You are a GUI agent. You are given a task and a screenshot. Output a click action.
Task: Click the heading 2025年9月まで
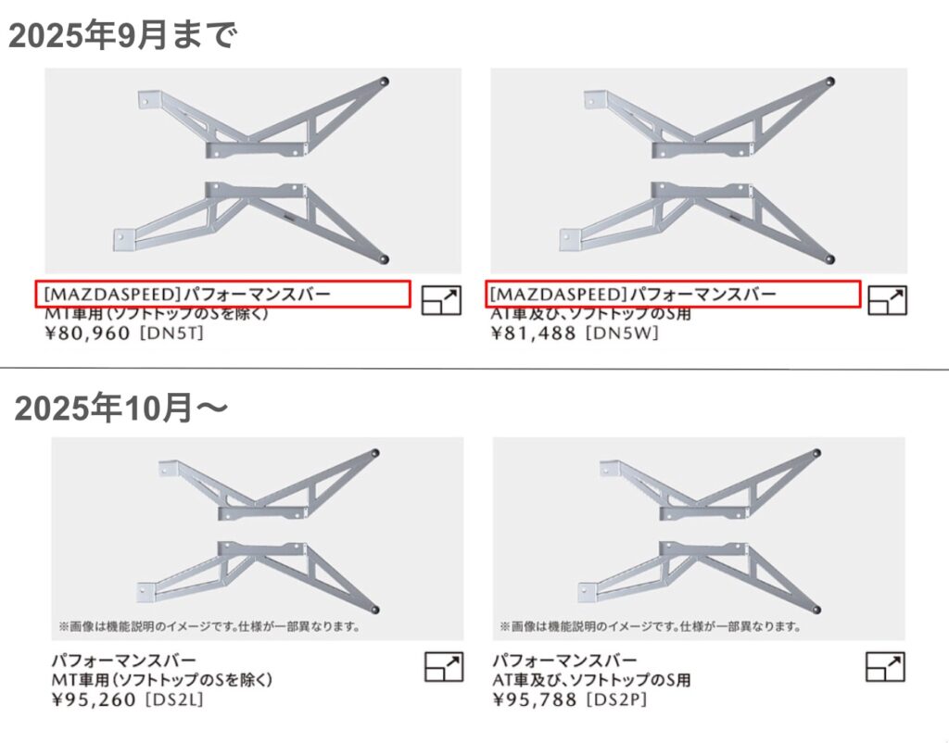(x=123, y=35)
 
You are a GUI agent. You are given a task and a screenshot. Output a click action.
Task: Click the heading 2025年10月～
(x=121, y=408)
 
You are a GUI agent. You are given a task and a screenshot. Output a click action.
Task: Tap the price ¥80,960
(x=88, y=334)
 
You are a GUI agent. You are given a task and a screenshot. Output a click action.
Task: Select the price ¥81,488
(x=533, y=334)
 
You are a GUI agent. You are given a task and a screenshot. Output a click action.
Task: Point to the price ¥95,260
(x=95, y=699)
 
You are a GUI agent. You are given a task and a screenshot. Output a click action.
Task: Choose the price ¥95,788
(x=535, y=699)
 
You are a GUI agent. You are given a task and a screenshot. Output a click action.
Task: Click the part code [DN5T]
(x=171, y=334)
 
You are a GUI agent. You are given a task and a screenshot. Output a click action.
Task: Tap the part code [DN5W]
(x=622, y=334)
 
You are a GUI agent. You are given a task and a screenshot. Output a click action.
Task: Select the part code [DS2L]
(x=175, y=699)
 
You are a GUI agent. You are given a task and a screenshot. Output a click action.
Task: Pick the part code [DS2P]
(x=616, y=699)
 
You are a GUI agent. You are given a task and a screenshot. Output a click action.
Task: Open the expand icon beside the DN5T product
(x=441, y=300)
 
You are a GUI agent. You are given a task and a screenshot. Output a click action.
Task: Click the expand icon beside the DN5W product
(x=887, y=300)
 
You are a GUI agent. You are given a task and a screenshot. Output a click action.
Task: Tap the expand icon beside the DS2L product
(x=444, y=667)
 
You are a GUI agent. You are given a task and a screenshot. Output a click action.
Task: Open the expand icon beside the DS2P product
(x=885, y=667)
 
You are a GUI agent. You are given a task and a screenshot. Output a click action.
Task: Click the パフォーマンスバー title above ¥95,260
(x=124, y=661)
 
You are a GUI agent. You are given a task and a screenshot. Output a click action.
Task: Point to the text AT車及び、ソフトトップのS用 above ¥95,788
(x=591, y=680)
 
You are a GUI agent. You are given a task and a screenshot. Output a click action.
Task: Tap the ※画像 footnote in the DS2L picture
(x=209, y=626)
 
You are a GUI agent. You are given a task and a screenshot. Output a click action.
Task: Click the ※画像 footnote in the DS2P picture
(x=651, y=626)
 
